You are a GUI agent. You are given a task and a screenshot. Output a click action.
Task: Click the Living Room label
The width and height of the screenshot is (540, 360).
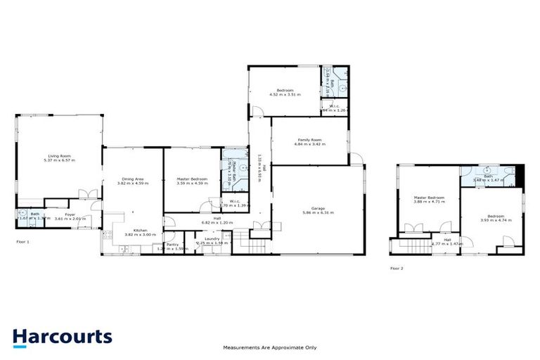pyautogui.click(x=60, y=155)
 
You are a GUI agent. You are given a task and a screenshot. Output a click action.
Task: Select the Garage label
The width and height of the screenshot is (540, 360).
pyautogui.click(x=318, y=208)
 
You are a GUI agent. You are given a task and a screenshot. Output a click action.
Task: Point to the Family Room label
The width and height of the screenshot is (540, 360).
pyautogui.click(x=309, y=139)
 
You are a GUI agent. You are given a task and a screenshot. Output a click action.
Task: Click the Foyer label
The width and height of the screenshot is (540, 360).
pyautogui.click(x=70, y=214)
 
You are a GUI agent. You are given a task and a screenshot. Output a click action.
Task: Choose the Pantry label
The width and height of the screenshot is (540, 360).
pyautogui.click(x=172, y=244)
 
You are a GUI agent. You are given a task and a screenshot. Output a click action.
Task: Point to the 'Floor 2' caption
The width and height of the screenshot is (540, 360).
pyautogui.click(x=397, y=268)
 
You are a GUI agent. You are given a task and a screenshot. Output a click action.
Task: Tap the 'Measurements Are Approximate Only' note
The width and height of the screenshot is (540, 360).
pyautogui.click(x=270, y=347)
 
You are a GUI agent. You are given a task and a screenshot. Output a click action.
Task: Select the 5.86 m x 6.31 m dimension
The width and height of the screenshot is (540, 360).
pyautogui.click(x=318, y=213)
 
